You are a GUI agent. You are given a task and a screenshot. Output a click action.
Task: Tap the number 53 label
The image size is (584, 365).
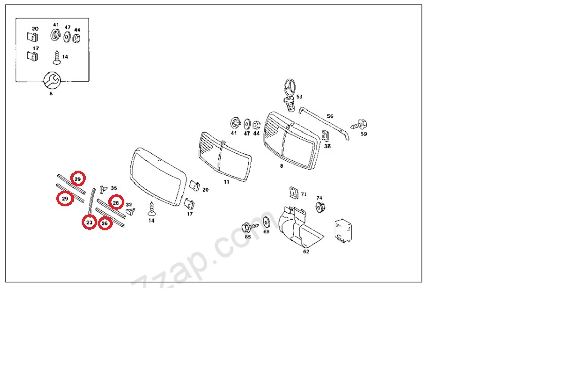299,97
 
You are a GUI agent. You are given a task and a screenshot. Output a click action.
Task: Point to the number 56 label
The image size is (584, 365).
330,116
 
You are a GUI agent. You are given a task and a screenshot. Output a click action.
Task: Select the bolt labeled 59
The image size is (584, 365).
359,125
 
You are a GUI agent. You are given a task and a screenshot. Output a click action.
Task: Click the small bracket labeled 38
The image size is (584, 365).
325,136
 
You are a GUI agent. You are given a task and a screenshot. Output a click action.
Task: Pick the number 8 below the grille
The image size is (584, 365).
281,166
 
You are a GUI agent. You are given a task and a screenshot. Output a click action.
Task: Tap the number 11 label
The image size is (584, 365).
226,182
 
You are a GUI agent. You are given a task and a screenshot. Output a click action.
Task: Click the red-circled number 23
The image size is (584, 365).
89,223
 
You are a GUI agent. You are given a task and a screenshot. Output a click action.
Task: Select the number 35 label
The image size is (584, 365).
114,188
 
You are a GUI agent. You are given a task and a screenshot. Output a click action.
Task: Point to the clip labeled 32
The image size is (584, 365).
130,211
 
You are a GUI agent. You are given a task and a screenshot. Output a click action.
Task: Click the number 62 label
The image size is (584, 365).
306,252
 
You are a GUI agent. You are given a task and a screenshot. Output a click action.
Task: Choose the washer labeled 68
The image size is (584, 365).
266,223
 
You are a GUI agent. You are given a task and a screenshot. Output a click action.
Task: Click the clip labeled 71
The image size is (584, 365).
294,193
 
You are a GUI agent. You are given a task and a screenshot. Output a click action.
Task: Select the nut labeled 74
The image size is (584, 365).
320,207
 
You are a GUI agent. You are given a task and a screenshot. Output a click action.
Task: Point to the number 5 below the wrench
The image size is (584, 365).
51,94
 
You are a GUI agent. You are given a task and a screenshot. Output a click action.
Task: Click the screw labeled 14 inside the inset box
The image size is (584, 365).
57,58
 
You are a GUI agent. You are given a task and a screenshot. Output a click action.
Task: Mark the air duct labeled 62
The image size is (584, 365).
300,227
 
